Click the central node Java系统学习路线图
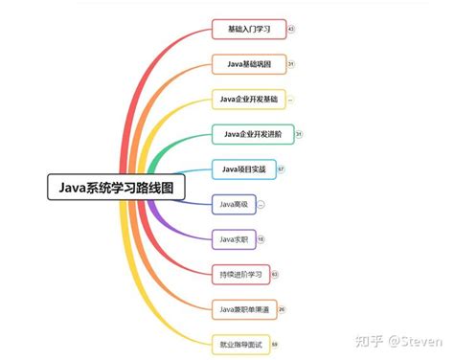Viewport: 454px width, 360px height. coord(114,187)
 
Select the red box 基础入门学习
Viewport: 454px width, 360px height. coord(248,30)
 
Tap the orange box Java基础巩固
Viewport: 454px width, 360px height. coord(248,64)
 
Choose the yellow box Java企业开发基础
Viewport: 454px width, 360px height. coord(248,100)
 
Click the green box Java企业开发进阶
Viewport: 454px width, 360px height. coord(252,134)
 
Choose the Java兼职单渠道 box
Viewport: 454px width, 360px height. coord(244,308)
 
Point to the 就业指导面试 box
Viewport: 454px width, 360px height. coord(239,344)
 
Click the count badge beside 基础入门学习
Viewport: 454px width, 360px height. coord(290,30)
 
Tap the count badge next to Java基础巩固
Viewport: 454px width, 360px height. coord(290,64)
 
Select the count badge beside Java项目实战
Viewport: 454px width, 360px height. coord(281,169)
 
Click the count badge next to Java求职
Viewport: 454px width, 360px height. coord(261,239)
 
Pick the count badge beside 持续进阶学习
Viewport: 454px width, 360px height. coord(275,274)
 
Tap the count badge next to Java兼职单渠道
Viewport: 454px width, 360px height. coord(282,308)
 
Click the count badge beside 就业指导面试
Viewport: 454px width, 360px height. coord(275,344)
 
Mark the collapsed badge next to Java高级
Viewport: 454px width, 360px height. coord(261,204)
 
